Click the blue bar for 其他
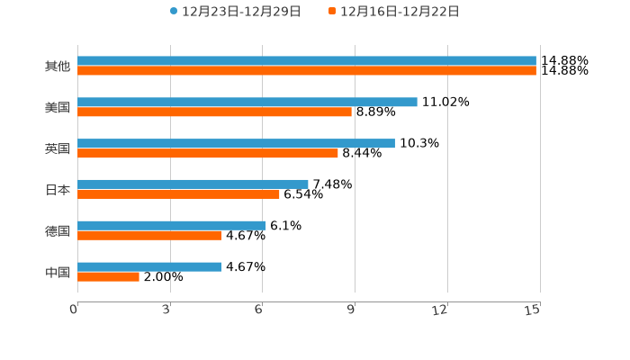point(306,61)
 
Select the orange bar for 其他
point(306,71)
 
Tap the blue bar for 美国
point(247,103)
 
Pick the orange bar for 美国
point(214,112)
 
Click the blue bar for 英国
point(236,143)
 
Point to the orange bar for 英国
point(208,154)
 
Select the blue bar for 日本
point(193,184)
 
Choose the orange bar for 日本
point(178,194)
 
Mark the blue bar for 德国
point(172,225)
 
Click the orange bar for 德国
point(149,236)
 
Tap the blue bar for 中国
point(149,266)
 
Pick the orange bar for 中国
point(108,277)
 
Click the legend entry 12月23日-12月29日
point(236,12)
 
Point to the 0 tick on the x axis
point(75,310)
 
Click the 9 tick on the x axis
point(352,310)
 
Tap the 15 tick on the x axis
point(533,310)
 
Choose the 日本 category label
point(58,190)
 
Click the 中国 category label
point(58,272)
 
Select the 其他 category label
point(58,67)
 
